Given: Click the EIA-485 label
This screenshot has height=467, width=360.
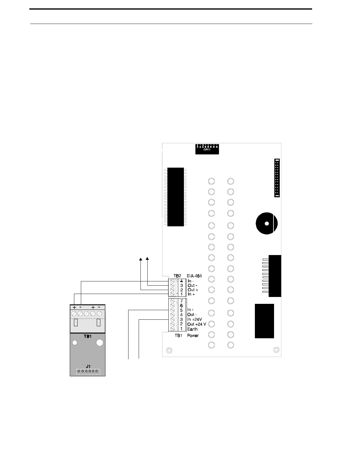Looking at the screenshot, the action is click(x=194, y=276).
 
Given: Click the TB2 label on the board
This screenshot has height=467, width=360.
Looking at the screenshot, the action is click(x=177, y=276).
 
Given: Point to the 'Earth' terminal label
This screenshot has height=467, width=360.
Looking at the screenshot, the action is click(x=192, y=329).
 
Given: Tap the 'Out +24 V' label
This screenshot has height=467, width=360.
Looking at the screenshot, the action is click(x=196, y=324).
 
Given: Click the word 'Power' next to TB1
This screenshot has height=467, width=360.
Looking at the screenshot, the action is click(x=193, y=336).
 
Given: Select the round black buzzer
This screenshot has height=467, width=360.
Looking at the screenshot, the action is click(x=267, y=223).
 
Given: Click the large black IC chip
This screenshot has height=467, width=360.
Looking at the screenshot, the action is click(x=176, y=197).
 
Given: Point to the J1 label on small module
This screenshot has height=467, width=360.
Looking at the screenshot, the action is click(x=87, y=366).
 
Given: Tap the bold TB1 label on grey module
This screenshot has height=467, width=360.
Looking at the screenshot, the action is click(x=87, y=336).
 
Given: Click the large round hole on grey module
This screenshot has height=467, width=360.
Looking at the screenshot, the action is click(x=100, y=343).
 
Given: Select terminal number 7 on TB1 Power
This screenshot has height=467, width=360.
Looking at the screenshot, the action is click(x=181, y=301).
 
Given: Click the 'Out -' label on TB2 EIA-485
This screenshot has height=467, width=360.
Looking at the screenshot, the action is click(x=192, y=286).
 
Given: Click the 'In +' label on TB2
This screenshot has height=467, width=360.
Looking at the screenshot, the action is click(x=191, y=295).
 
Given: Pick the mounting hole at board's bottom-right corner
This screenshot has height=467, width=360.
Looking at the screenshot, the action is click(x=276, y=350).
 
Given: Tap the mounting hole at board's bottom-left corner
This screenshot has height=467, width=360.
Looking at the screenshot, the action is click(x=169, y=350).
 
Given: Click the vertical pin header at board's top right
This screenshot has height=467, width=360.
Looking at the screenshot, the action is click(x=277, y=178).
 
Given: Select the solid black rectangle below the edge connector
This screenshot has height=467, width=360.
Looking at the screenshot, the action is click(x=264, y=321).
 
